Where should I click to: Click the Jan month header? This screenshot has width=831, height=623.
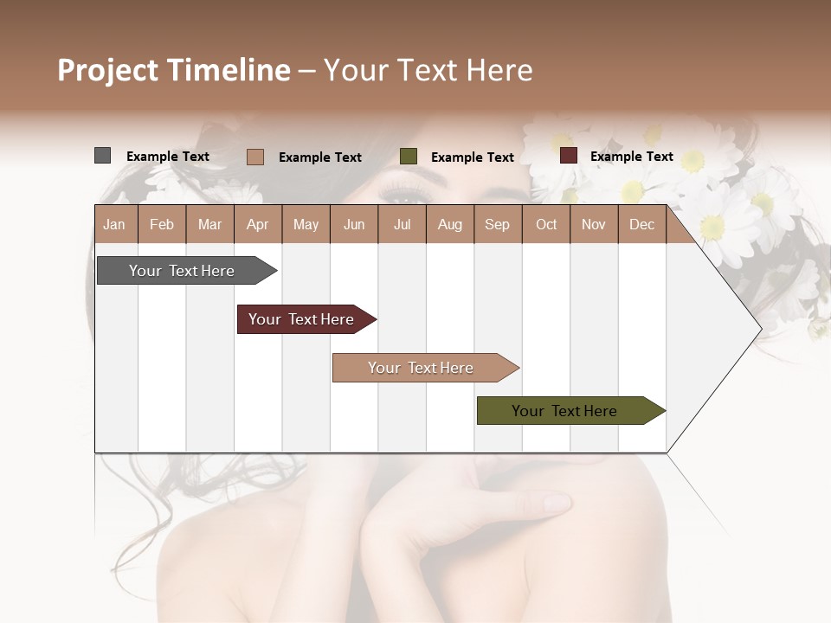tap(114, 224)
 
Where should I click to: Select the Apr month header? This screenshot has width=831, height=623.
tap(257, 224)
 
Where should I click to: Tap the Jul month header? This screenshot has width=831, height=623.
tap(402, 224)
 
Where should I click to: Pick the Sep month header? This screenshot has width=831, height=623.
tap(497, 224)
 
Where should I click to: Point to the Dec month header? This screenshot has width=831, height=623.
tap(641, 224)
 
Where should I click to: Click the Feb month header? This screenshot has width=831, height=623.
tap(162, 224)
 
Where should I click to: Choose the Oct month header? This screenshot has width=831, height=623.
tap(546, 224)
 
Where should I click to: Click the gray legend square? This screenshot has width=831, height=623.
tap(102, 156)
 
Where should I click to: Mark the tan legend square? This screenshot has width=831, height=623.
tap(254, 157)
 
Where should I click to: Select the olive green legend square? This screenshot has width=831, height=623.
tap(409, 157)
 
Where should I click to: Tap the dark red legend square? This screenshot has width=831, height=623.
tap(568, 156)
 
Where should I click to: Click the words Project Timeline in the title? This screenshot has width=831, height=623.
tap(174, 70)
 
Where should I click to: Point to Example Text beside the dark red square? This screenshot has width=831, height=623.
tap(631, 157)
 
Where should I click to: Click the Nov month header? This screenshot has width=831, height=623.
tap(594, 224)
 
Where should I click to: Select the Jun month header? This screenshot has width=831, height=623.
tap(354, 224)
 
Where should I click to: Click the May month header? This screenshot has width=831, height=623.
tap(306, 224)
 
